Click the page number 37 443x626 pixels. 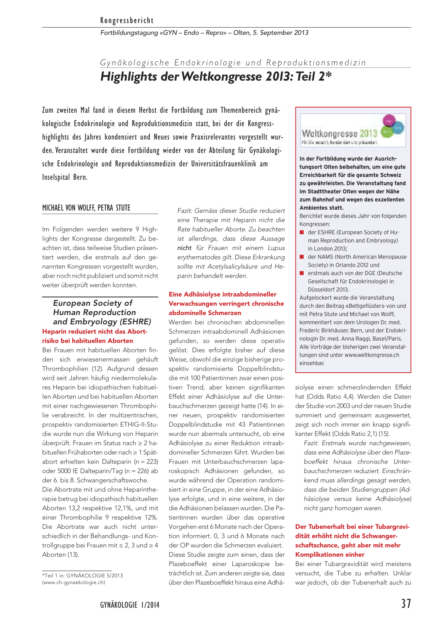click(x=406, y=604)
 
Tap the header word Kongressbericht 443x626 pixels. click(x=127, y=20)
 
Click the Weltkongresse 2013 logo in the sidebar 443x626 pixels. click(x=353, y=131)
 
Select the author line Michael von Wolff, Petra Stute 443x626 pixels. click(x=86, y=208)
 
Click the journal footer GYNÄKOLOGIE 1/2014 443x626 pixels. click(x=130, y=605)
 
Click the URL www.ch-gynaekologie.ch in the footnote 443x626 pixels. click(x=74, y=582)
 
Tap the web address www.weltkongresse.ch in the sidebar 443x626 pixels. click(x=372, y=355)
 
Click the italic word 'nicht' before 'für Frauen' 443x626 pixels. click(x=184, y=248)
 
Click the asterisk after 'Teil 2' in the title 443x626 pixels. click(x=329, y=74)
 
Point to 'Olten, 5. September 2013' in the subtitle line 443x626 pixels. click(x=271, y=33)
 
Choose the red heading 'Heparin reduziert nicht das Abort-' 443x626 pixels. click(x=95, y=332)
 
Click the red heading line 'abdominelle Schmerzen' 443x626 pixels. click(x=205, y=313)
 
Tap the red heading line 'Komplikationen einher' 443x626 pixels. click(x=330, y=555)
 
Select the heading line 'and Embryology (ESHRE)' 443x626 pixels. click(x=102, y=322)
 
